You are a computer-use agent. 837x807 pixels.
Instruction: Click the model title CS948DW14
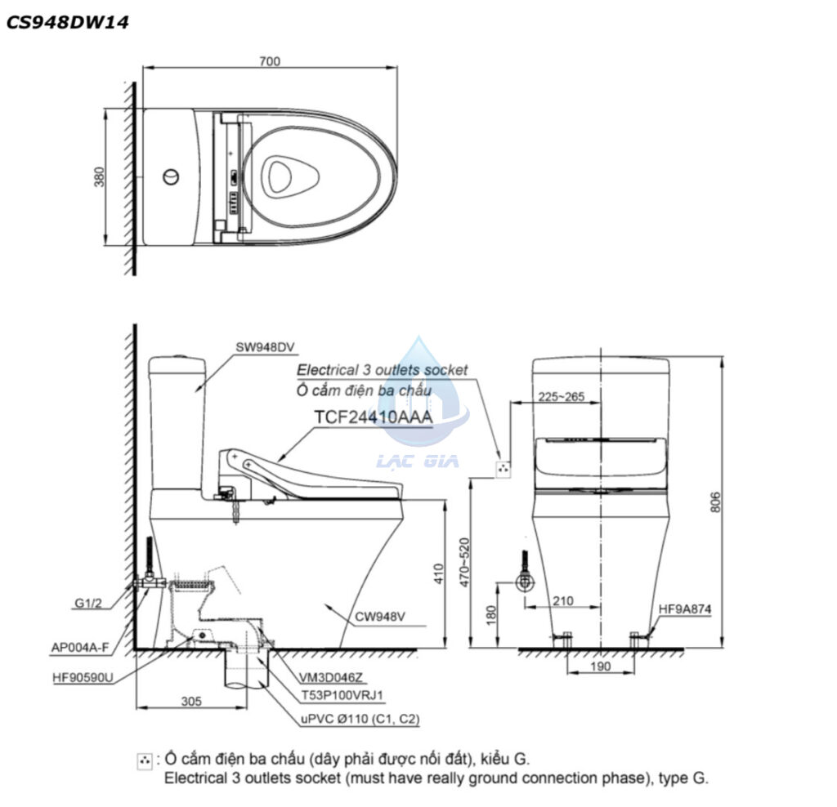pos(68,22)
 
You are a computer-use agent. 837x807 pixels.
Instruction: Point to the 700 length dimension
pos(270,61)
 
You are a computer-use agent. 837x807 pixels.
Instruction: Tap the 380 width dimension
pos(100,176)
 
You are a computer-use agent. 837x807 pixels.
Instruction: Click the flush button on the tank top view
pos(171,176)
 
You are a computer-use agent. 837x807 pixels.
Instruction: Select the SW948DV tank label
pos(265,347)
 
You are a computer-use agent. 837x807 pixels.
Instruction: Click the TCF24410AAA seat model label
pos(373,417)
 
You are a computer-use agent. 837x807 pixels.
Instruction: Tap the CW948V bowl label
pos(380,617)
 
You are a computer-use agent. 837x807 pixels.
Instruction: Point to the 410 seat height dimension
pos(439,573)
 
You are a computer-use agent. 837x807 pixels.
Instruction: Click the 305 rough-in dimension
pos(191,701)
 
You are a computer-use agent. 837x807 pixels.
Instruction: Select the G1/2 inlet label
pos(88,604)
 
